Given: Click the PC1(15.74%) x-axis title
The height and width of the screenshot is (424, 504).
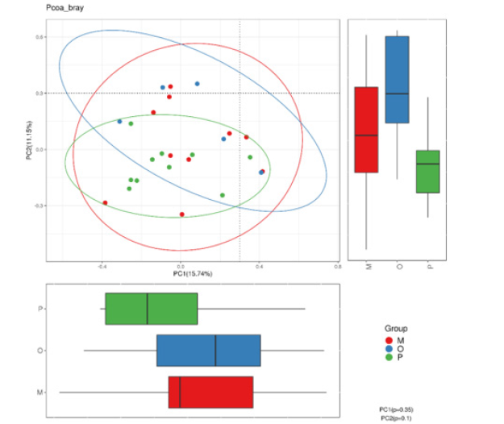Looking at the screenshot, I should click(x=192, y=274).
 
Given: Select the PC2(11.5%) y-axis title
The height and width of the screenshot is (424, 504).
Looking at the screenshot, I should click(x=30, y=139).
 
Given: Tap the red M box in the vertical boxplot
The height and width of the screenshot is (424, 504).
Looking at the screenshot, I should click(x=366, y=130).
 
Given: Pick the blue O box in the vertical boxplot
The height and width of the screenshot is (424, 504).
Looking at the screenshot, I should click(x=397, y=79).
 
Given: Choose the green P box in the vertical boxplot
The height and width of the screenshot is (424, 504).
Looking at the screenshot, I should click(x=427, y=171).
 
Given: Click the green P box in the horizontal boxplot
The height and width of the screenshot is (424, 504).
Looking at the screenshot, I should click(x=152, y=309).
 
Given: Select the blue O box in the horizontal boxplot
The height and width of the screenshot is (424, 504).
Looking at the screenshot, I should click(x=208, y=351).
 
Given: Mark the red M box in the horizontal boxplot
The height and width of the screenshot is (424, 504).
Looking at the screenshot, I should click(x=210, y=392).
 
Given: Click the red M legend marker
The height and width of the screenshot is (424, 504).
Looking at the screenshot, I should click(x=389, y=340).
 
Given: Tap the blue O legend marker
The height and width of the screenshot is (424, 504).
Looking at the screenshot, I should click(x=389, y=348).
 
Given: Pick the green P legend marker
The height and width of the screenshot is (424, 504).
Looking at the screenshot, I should click(x=389, y=356).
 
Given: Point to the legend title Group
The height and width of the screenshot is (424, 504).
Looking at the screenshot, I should click(x=396, y=329).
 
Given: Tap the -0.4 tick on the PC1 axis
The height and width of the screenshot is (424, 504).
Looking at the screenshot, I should click(x=102, y=265).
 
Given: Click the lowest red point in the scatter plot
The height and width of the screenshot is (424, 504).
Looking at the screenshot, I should click(x=182, y=214).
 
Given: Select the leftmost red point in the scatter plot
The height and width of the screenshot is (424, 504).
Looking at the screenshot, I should click(x=105, y=203).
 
